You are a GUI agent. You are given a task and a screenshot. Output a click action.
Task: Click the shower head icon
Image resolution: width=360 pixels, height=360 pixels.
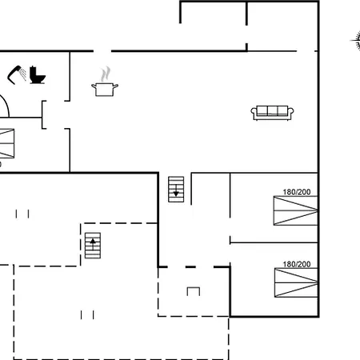(17, 74)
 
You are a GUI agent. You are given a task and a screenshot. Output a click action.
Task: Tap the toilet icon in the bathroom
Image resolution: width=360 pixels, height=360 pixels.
(37, 75)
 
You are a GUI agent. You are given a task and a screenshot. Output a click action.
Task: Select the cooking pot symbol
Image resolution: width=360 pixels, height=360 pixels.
(105, 90)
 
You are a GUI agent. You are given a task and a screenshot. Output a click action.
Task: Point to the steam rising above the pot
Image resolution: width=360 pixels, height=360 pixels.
(106, 74)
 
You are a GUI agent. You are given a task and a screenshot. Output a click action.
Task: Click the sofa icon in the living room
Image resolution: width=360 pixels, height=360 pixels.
(272, 113)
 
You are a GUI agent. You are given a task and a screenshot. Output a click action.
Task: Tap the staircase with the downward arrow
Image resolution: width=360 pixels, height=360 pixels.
(176, 190)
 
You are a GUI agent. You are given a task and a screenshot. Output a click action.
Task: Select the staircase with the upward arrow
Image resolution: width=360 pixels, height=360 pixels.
(93, 246)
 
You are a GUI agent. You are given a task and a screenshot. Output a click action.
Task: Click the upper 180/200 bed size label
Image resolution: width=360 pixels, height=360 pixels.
(297, 192)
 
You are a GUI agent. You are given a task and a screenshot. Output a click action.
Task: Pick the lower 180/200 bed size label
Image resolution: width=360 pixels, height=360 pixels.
(297, 264)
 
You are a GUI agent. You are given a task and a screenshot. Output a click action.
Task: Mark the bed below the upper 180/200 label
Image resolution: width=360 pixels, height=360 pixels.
(296, 210)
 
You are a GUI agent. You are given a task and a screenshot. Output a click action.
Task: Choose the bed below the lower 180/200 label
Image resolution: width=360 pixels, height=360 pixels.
(296, 282)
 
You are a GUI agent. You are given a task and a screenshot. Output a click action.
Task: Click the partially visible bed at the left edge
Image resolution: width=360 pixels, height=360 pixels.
(7, 143)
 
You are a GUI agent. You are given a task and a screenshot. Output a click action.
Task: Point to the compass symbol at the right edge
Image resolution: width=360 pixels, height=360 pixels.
(356, 41)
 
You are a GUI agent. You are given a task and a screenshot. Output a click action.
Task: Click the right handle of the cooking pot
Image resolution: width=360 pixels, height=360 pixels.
(115, 86)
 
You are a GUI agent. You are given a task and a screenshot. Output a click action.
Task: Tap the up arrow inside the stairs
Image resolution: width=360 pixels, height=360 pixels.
(93, 244)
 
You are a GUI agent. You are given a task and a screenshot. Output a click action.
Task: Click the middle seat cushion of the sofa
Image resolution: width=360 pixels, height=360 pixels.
(272, 110)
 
